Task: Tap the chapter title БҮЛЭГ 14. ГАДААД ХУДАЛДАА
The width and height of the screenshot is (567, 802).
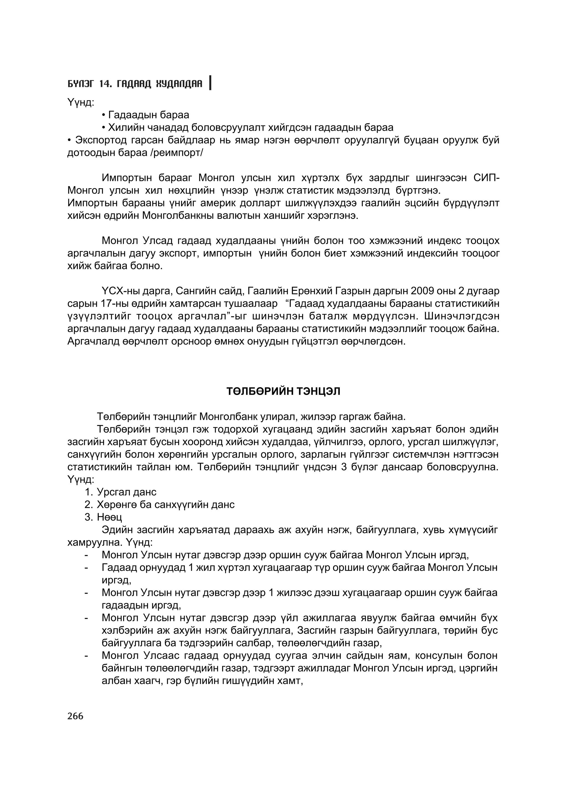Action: pos(135,84)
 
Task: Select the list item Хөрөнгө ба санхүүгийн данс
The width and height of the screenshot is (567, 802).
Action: pos(166,505)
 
